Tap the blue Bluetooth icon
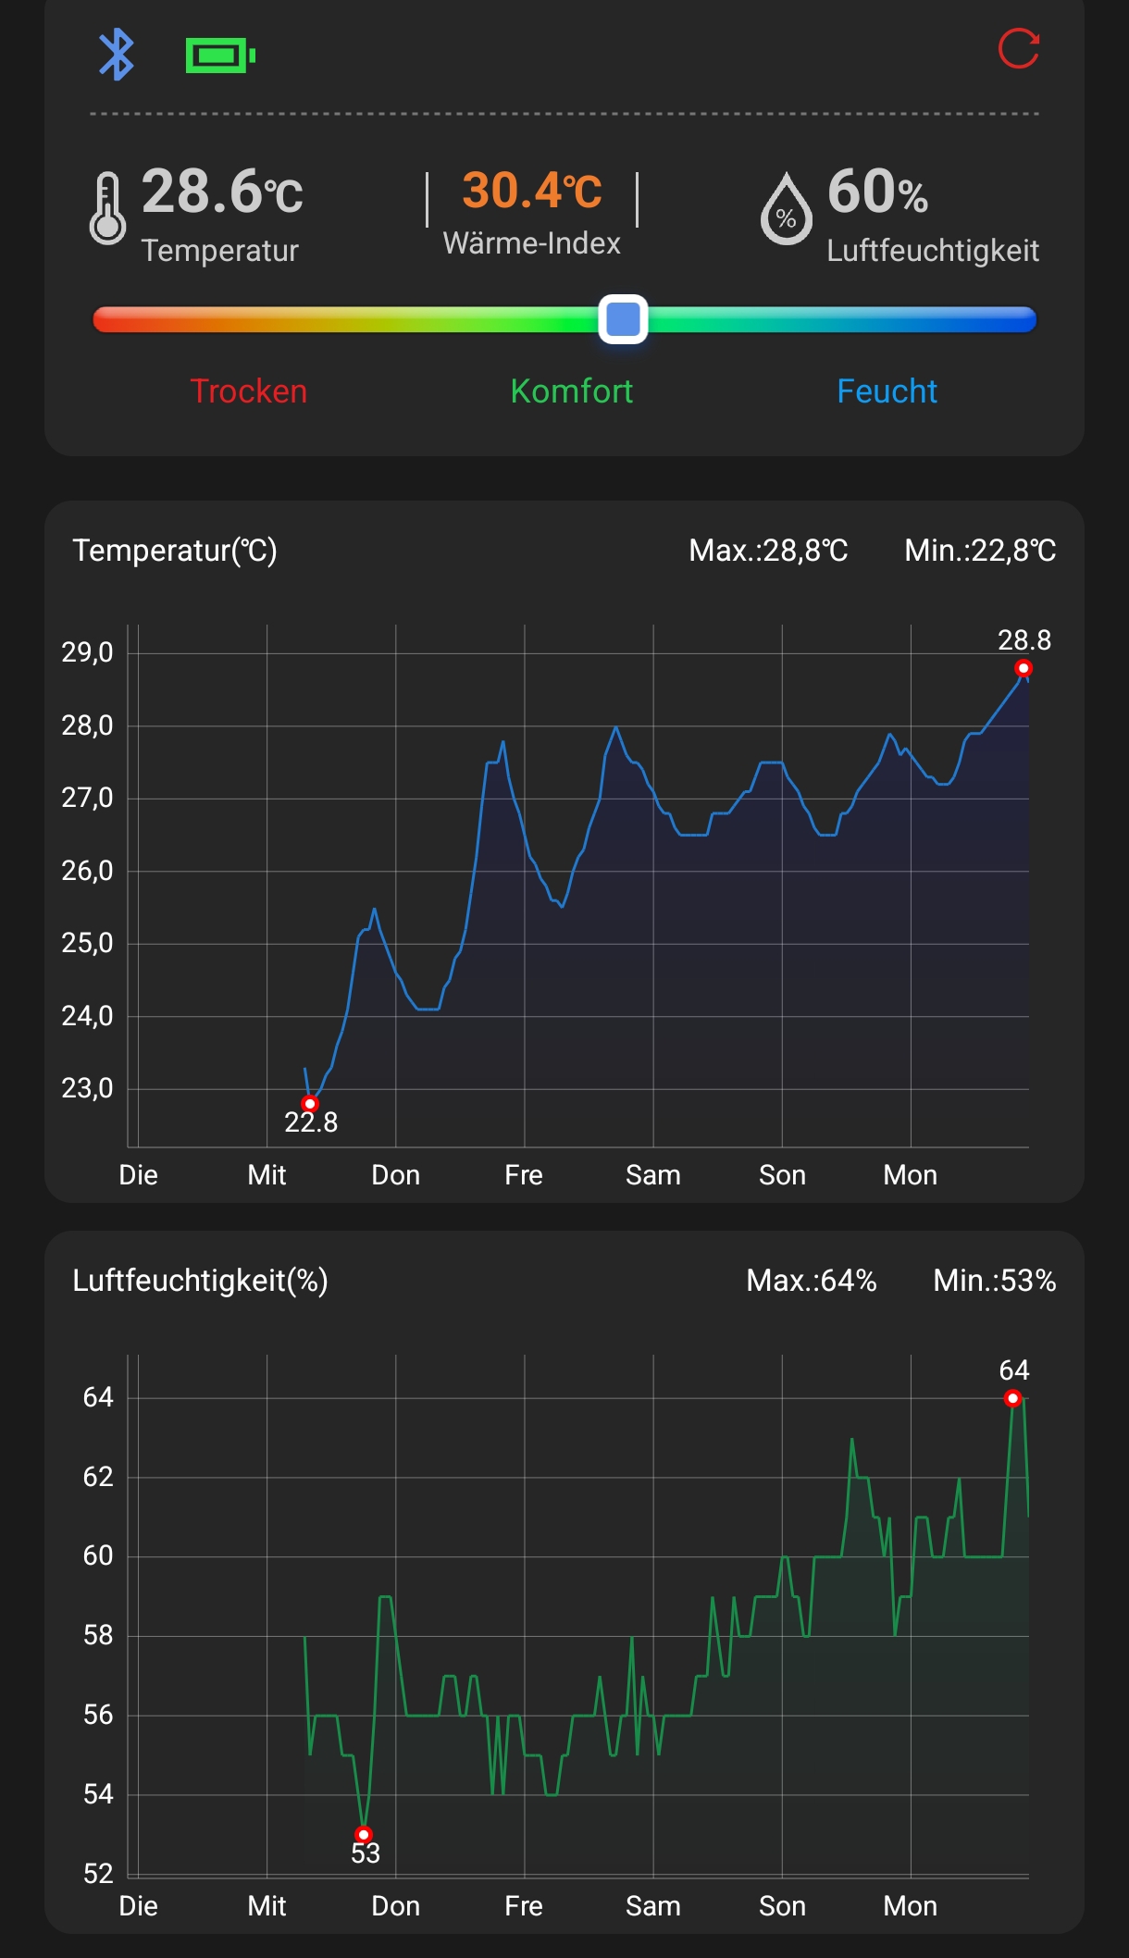(117, 55)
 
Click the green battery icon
(220, 56)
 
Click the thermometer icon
(107, 209)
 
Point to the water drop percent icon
(786, 209)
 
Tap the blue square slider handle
(623, 319)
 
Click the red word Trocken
(248, 391)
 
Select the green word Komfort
(572, 391)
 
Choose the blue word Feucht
(887, 391)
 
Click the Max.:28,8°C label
(768, 551)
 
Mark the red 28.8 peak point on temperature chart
(1023, 668)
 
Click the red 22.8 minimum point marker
(310, 1104)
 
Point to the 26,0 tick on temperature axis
(87, 871)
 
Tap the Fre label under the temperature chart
(524, 1175)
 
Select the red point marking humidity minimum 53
(364, 1834)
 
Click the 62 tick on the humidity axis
(98, 1477)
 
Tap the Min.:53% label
(995, 1281)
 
